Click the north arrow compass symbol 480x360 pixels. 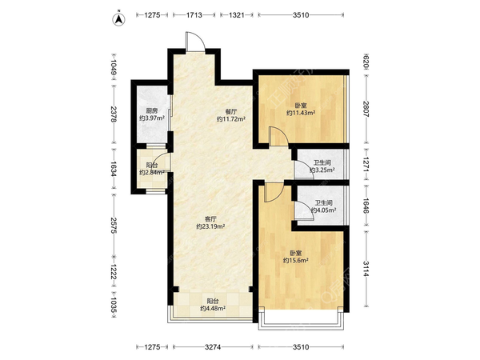119,19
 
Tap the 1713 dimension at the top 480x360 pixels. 194,14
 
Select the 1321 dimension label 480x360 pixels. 236,14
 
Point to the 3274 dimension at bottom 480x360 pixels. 213,347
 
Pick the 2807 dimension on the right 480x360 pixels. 366,109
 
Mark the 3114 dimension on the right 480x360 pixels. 366,269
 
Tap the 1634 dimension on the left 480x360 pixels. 114,169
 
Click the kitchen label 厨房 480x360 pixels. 152,111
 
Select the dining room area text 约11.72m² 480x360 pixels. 231,118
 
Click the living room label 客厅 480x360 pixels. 210,219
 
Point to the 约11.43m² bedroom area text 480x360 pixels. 301,113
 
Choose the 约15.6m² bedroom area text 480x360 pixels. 296,260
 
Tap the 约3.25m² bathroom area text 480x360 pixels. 322,170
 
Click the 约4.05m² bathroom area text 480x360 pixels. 324,210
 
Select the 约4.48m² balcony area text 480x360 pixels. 213,308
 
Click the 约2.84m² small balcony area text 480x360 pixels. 152,172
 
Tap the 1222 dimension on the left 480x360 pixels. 114,272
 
